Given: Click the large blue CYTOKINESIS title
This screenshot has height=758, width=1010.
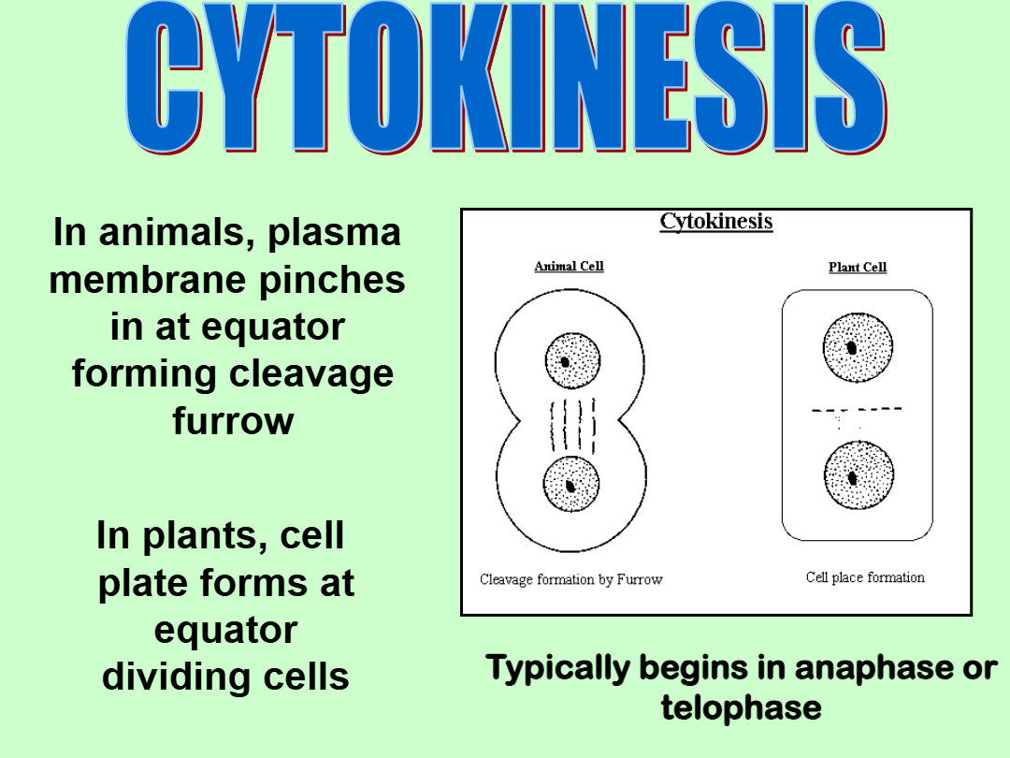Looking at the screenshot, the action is (x=506, y=78).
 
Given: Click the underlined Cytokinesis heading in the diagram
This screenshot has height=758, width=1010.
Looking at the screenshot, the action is (x=715, y=221).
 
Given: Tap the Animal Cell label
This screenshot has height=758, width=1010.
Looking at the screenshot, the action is (x=569, y=266).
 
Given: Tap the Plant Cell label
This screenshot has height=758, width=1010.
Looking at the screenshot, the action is (x=858, y=267).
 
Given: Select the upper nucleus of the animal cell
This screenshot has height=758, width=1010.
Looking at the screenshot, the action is (x=572, y=360).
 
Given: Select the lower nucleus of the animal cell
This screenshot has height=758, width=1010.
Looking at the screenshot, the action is (x=571, y=484).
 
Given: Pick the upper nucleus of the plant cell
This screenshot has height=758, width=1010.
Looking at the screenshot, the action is (x=858, y=347).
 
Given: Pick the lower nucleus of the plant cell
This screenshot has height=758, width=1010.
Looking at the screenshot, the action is (x=858, y=475).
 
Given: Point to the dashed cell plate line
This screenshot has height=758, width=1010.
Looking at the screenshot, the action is (x=857, y=409).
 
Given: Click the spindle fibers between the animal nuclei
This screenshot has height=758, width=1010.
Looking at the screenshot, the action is (x=572, y=426).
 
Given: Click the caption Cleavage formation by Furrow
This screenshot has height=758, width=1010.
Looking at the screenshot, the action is (x=570, y=579).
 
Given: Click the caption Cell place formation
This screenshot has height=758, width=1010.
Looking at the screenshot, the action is (x=865, y=577).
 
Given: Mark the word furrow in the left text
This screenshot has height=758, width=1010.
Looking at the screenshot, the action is (x=233, y=421).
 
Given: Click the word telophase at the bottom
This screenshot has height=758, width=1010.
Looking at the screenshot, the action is (x=742, y=707).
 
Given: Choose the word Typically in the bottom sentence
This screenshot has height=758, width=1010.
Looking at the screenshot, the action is (x=557, y=668).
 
